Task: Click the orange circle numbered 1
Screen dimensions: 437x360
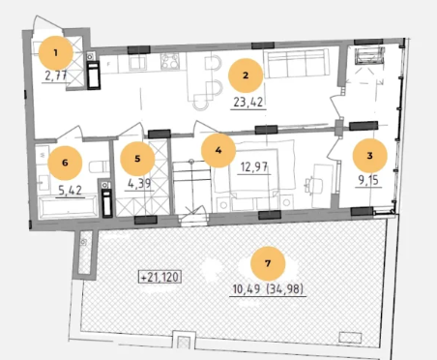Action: [x=56, y=53]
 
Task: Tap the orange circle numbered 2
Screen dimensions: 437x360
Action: [x=246, y=75]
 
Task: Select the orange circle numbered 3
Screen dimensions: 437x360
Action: [x=369, y=156]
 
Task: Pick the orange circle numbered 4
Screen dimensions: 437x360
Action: [x=218, y=150]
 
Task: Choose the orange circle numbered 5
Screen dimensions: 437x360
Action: [x=137, y=159]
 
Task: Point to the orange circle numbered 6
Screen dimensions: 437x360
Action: [x=65, y=163]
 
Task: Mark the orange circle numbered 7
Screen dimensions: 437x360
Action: [x=268, y=263]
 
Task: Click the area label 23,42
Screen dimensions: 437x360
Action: [x=248, y=103]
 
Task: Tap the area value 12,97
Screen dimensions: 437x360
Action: [x=254, y=167]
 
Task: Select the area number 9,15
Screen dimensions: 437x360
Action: [x=368, y=180]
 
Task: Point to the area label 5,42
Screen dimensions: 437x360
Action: [x=70, y=191]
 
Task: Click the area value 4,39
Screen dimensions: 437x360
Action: [x=139, y=184]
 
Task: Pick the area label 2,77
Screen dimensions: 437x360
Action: [x=56, y=76]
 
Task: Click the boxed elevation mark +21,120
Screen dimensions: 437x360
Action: [x=160, y=277]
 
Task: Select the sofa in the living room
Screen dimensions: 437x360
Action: [x=297, y=63]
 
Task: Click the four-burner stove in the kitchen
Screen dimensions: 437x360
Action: [x=170, y=61]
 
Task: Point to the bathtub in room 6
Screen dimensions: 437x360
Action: [x=68, y=206]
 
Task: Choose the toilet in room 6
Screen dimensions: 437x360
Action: [x=99, y=166]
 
